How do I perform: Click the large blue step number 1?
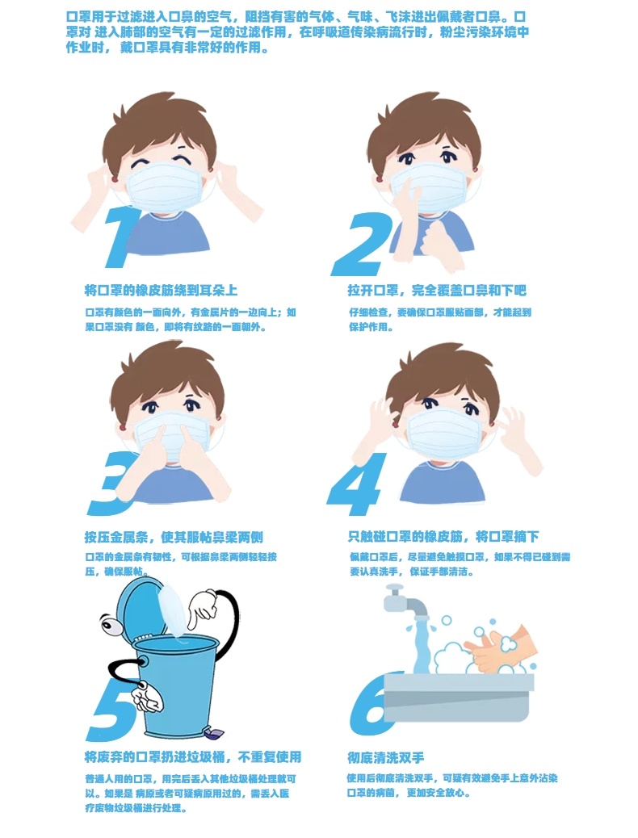pyautogui.click(x=122, y=238)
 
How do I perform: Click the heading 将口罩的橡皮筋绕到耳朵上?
pyautogui.click(x=161, y=290)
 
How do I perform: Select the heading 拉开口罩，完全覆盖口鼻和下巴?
pyautogui.click(x=437, y=290)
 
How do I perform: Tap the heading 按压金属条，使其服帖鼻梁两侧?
pyautogui.click(x=174, y=537)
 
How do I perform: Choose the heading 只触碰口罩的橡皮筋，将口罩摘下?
pyautogui.click(x=443, y=536)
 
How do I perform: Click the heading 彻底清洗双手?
pyautogui.click(x=385, y=757)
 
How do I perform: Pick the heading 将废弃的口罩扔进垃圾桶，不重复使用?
pyautogui.click(x=192, y=756)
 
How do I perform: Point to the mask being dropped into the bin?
pyautogui.click(x=173, y=610)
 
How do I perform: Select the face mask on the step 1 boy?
pyautogui.click(x=162, y=188)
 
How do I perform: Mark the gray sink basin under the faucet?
pyautogui.click(x=459, y=697)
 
